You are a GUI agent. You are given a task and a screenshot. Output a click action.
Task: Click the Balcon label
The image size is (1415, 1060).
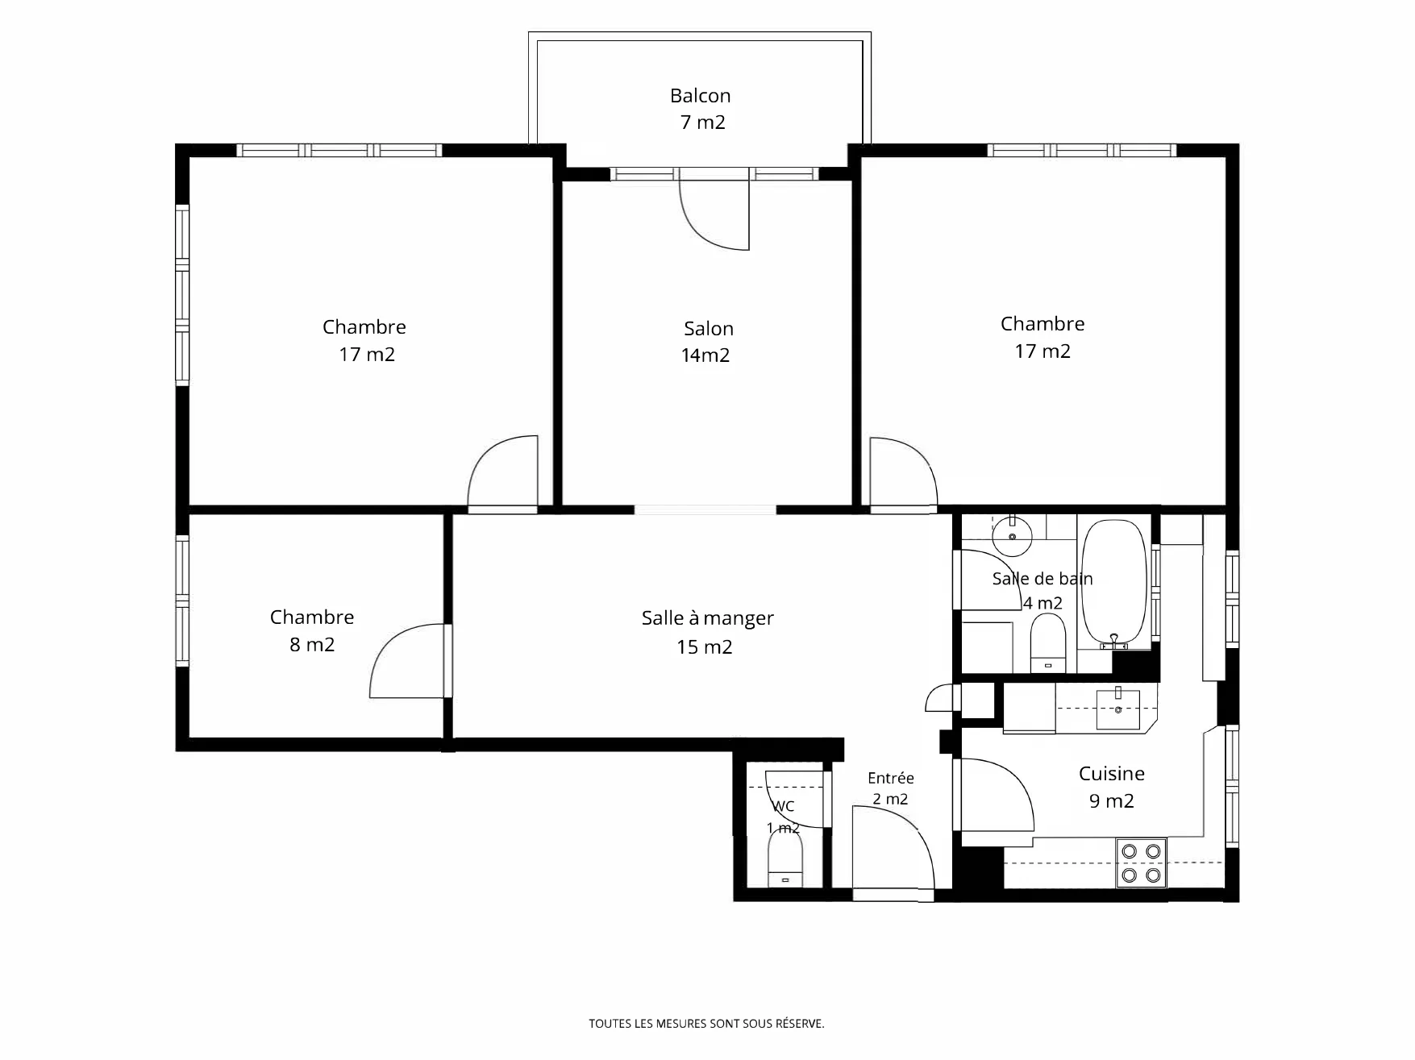coord(700,96)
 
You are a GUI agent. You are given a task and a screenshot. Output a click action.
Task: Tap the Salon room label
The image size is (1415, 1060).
coord(709,329)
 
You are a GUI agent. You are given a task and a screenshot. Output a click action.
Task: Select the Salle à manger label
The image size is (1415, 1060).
coord(707,619)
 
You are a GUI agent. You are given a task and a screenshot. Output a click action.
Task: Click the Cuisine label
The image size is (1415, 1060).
coord(1111,774)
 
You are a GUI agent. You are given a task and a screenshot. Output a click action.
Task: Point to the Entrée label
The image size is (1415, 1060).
coord(890,778)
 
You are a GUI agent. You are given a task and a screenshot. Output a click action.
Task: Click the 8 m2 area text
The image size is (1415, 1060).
coord(312,645)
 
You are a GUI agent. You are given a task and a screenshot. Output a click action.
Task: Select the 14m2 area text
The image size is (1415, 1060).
coord(705,355)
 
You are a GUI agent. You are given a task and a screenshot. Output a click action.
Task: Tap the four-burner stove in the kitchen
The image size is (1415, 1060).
coord(1141,863)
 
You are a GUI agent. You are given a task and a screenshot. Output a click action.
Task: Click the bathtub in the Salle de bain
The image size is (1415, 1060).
coord(1113,584)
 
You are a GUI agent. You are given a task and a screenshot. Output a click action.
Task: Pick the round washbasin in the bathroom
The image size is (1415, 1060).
coord(1012,536)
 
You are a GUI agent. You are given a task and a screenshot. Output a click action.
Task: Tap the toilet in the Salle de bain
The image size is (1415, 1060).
coord(1048,643)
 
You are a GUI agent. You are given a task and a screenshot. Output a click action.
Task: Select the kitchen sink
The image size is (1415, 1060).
coord(1118,709)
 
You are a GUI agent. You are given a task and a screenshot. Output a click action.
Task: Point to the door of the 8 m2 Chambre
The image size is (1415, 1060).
coord(407,661)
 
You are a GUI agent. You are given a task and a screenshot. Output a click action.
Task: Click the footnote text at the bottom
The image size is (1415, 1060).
coord(706,1024)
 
